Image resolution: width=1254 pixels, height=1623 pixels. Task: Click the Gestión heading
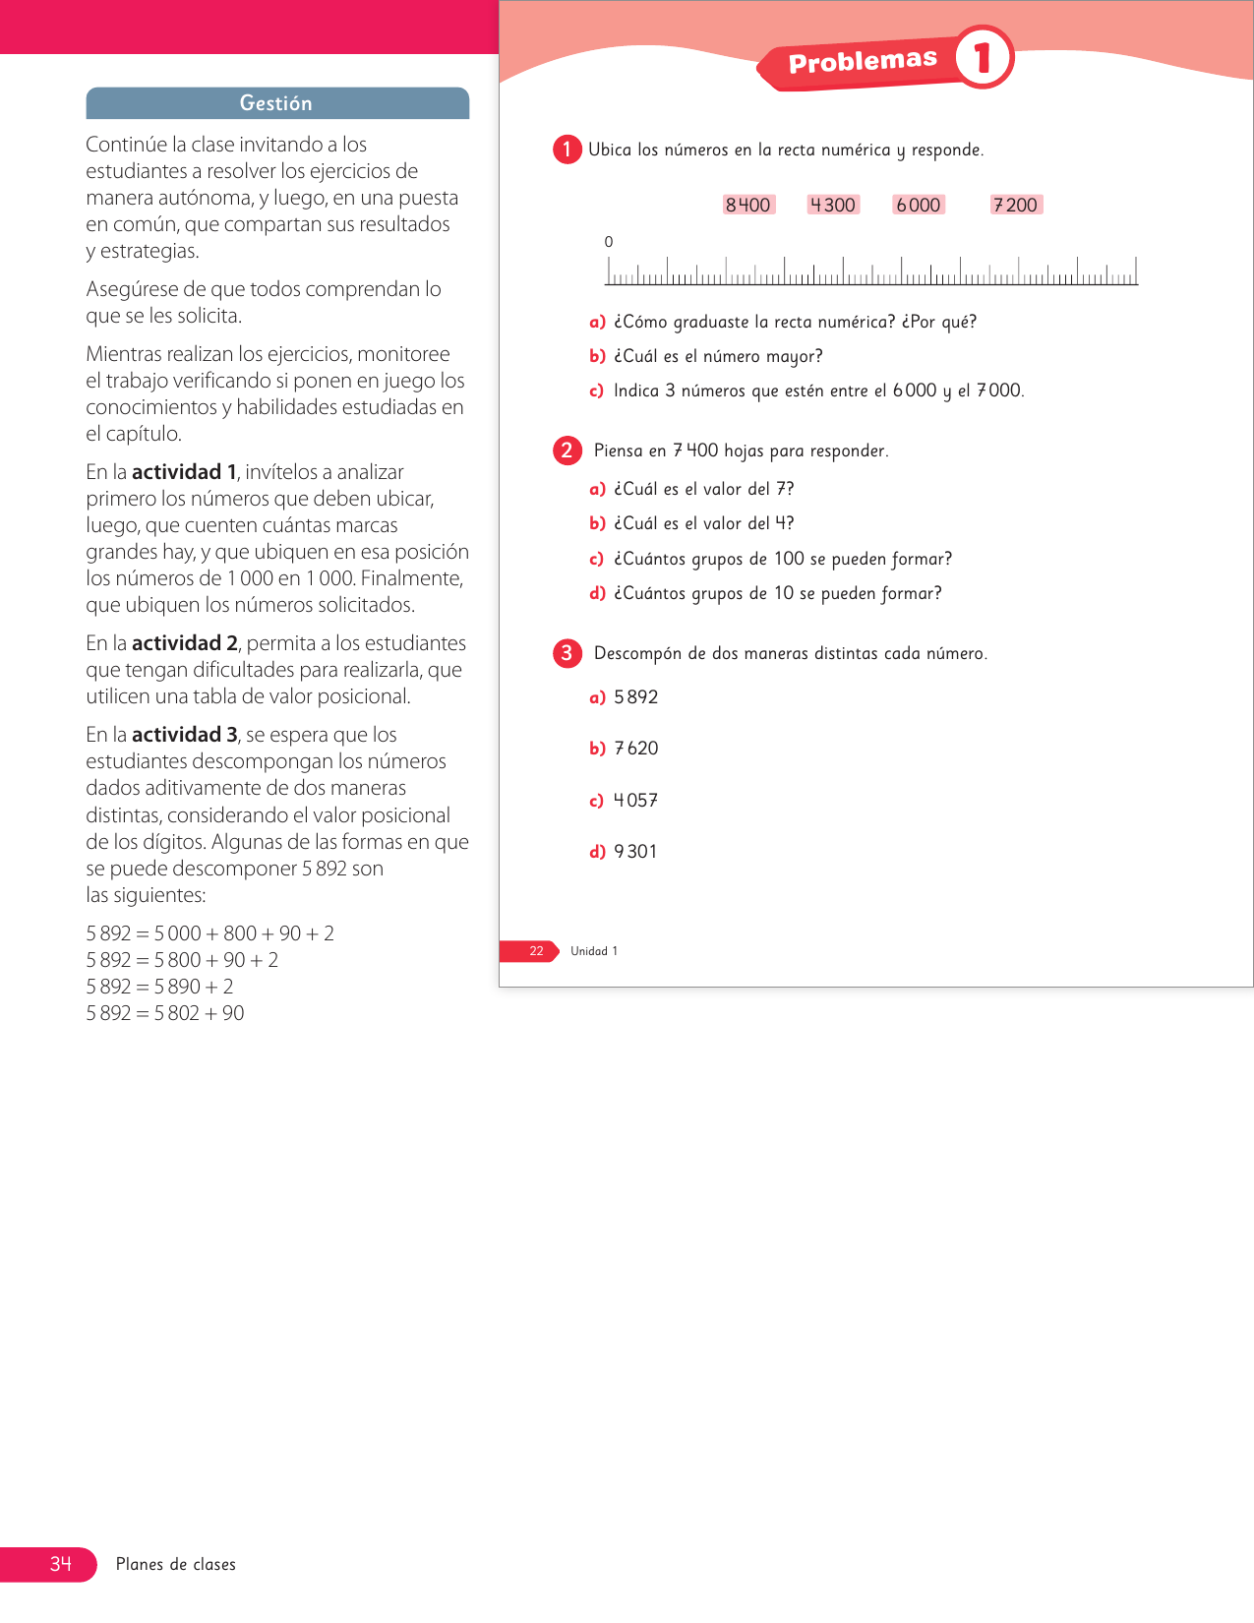(276, 103)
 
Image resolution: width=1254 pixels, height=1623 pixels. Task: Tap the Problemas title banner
(863, 61)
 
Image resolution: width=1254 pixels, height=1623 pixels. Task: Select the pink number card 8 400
(748, 205)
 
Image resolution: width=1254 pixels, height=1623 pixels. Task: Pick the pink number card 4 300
(833, 205)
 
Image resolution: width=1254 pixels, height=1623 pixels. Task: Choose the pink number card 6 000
(919, 205)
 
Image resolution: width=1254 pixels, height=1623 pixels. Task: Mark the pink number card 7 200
(1016, 205)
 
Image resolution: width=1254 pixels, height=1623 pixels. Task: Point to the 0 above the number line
(609, 242)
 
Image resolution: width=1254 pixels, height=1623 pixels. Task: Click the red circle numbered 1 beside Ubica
(567, 150)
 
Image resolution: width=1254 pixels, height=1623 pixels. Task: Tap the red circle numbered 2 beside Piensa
(567, 451)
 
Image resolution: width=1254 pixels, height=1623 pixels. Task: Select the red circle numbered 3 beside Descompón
(567, 653)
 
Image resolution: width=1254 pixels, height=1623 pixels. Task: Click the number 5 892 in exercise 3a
(636, 697)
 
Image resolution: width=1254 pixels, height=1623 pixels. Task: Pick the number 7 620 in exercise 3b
(636, 749)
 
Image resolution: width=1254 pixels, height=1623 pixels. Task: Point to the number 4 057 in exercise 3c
(636, 801)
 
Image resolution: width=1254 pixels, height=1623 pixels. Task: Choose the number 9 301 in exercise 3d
(635, 852)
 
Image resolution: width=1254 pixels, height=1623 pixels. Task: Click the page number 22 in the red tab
(536, 951)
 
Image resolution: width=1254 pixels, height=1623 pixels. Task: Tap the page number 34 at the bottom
(61, 1564)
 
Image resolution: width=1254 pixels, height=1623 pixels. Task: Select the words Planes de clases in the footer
(176, 1565)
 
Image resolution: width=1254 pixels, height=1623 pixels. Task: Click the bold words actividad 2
(185, 643)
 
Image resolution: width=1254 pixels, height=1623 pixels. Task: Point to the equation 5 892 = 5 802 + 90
(165, 1013)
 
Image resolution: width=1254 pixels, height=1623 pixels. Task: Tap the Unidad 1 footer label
(594, 951)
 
